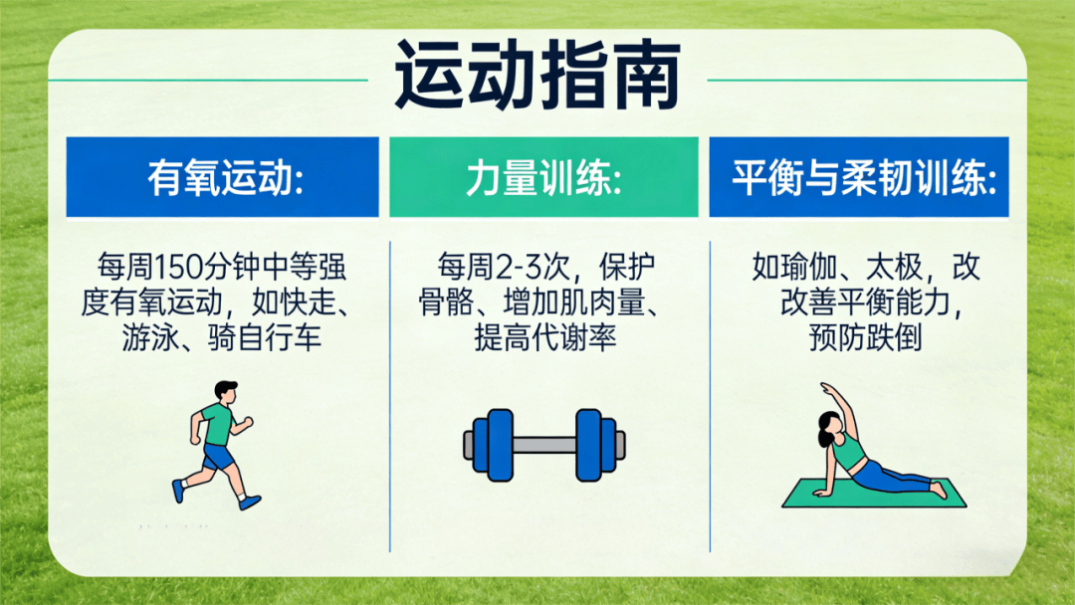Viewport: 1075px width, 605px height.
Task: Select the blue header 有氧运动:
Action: (224, 178)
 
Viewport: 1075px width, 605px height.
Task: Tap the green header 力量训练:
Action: (543, 178)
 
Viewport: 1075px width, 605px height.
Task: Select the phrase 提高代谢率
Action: (545, 337)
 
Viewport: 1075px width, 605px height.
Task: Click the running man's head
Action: (226, 392)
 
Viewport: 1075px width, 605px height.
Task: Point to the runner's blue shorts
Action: (217, 457)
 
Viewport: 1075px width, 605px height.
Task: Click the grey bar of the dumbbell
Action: (544, 444)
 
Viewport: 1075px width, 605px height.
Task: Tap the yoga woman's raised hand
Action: (825, 388)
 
